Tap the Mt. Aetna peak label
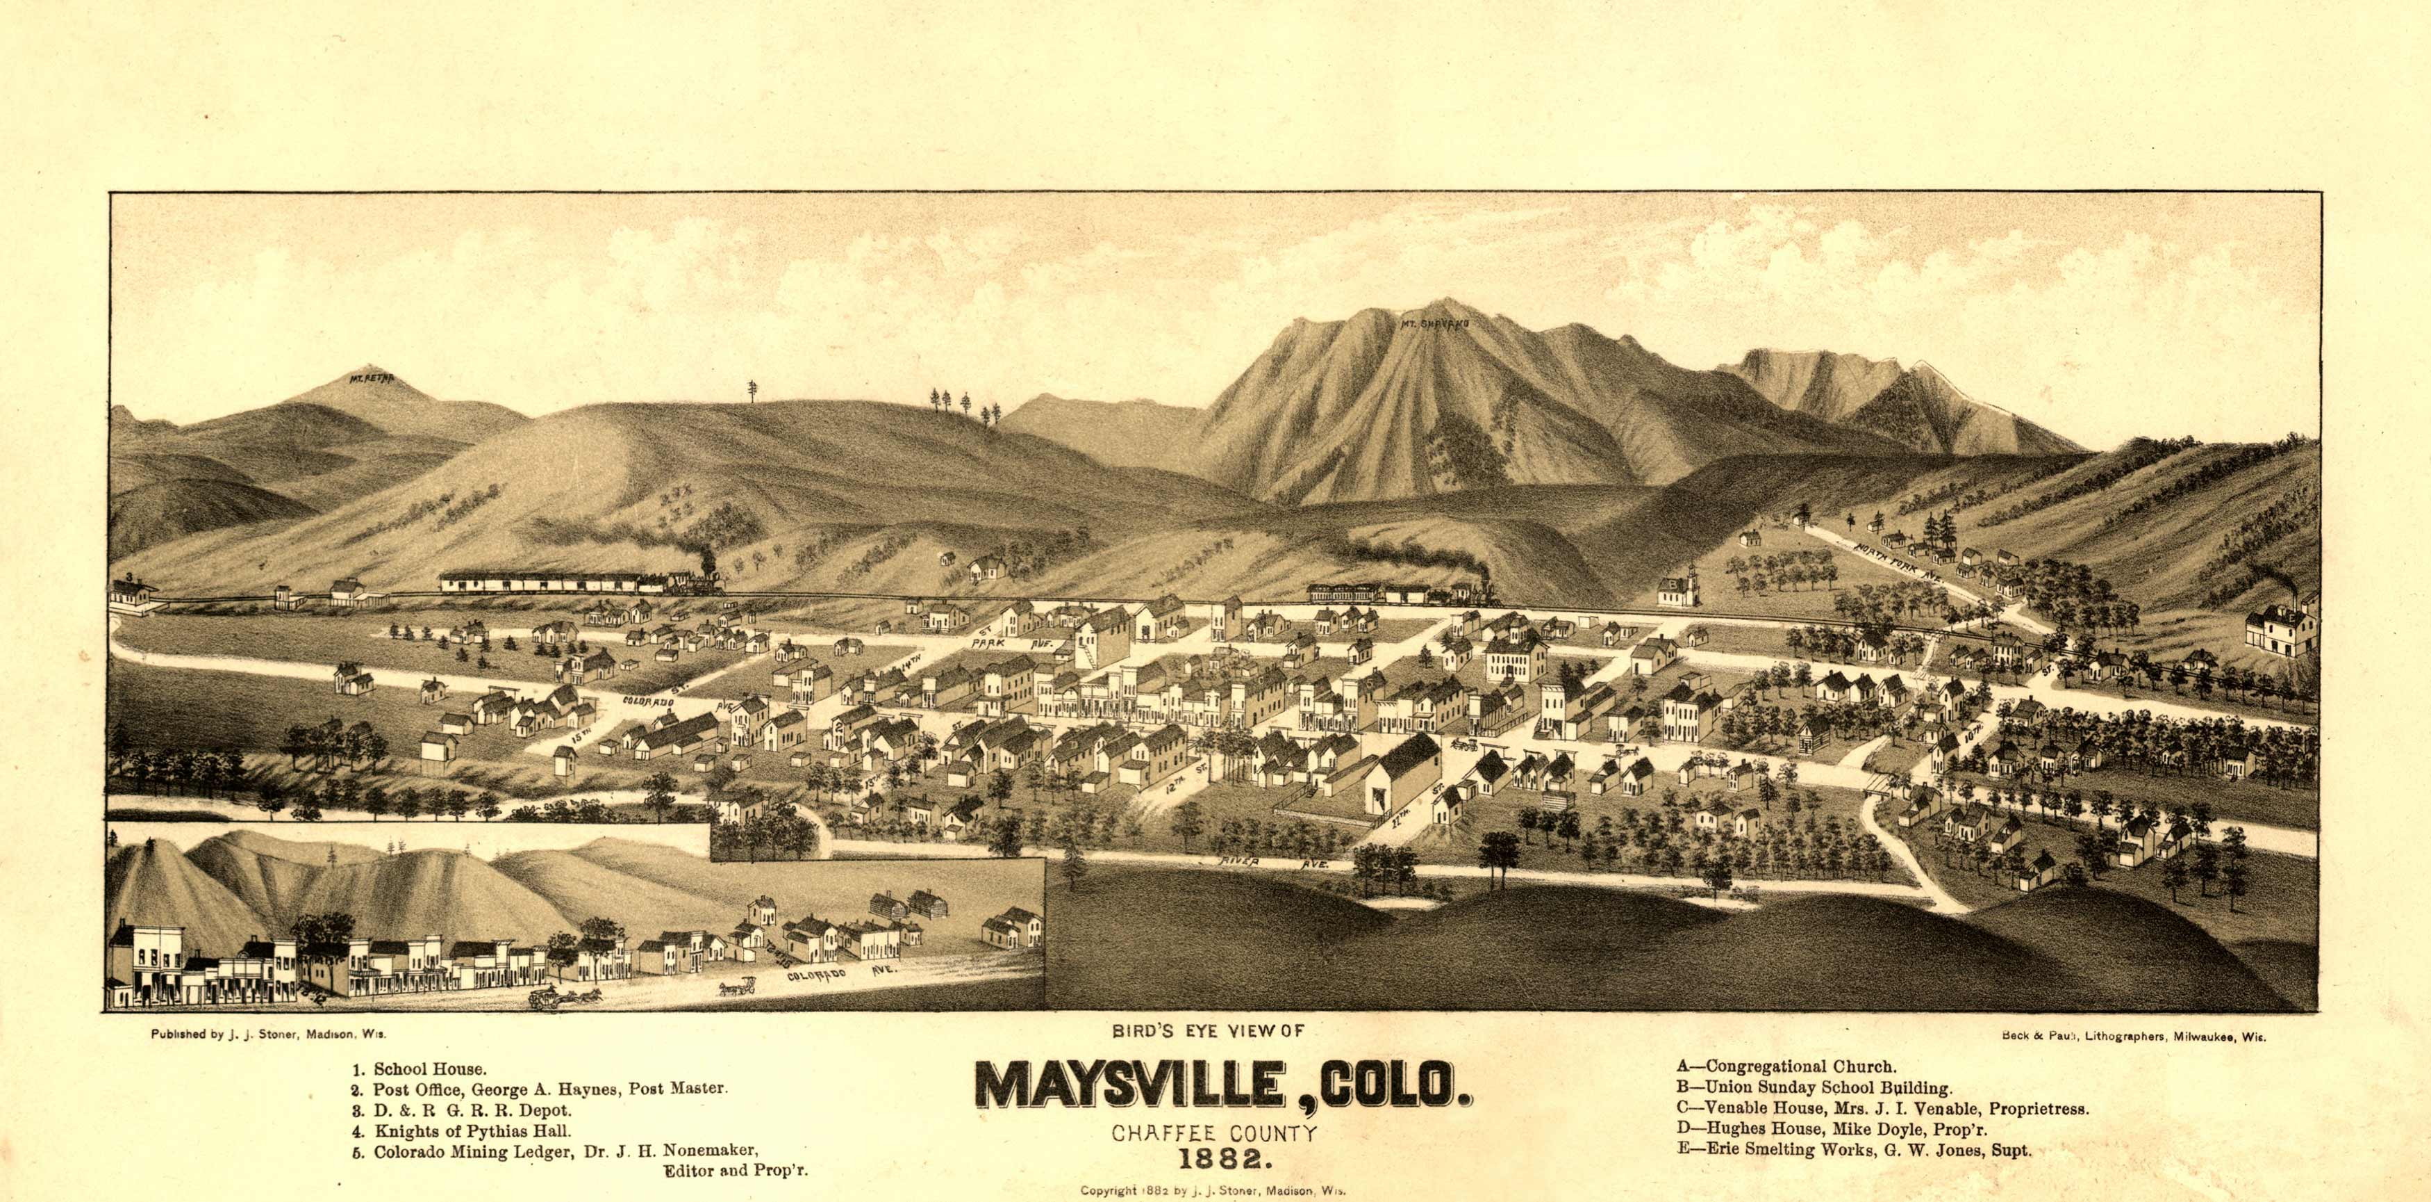[370, 382]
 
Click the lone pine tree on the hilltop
[752, 389]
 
